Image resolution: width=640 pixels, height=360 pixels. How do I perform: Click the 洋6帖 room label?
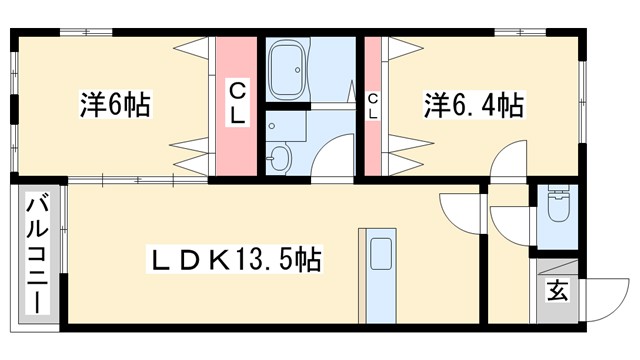point(114,104)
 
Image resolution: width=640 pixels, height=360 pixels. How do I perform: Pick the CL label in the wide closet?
point(237,103)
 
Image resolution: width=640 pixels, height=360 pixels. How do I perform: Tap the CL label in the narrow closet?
point(372,105)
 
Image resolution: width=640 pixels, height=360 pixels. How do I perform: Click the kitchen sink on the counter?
point(380,254)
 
